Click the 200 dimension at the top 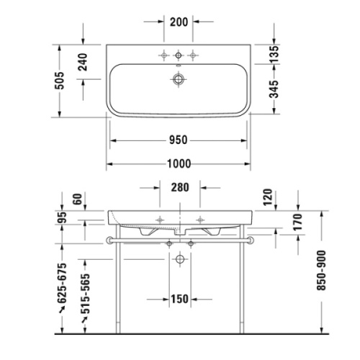click(x=179, y=21)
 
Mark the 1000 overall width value click(x=179, y=164)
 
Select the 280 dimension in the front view click(x=179, y=189)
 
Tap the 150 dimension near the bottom click(x=179, y=300)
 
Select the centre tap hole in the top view click(x=179, y=54)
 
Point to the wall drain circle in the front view click(x=179, y=258)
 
